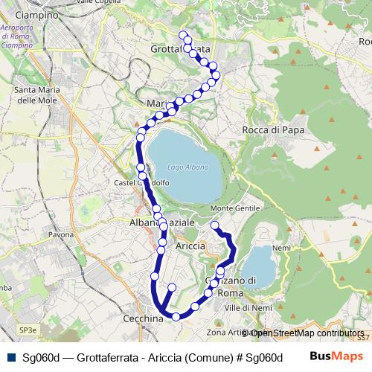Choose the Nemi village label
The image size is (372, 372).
(x=281, y=248)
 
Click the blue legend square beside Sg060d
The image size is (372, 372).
(x=10, y=356)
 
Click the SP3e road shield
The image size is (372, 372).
(x=28, y=330)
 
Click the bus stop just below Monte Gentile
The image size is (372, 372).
(x=215, y=225)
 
